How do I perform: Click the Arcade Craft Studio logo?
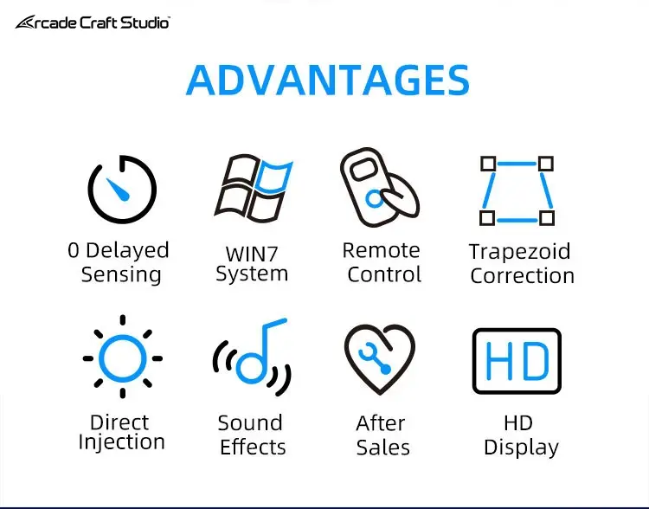pyautogui.click(x=93, y=23)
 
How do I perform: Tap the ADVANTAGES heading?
pyautogui.click(x=328, y=80)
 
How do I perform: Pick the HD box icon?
pyautogui.click(x=517, y=331)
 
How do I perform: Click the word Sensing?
pyautogui.click(x=121, y=275)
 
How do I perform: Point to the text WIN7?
pyautogui.click(x=252, y=254)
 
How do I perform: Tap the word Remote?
pyautogui.click(x=382, y=250)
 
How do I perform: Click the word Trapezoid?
pyautogui.click(x=520, y=252)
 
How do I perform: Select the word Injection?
pyautogui.click(x=122, y=442)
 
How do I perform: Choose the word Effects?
pyautogui.click(x=253, y=448)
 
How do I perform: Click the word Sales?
pyautogui.click(x=383, y=448)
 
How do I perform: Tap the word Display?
pyautogui.click(x=522, y=448)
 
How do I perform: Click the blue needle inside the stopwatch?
pyautogui.click(x=118, y=190)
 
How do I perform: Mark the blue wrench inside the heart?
pyautogui.click(x=375, y=358)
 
